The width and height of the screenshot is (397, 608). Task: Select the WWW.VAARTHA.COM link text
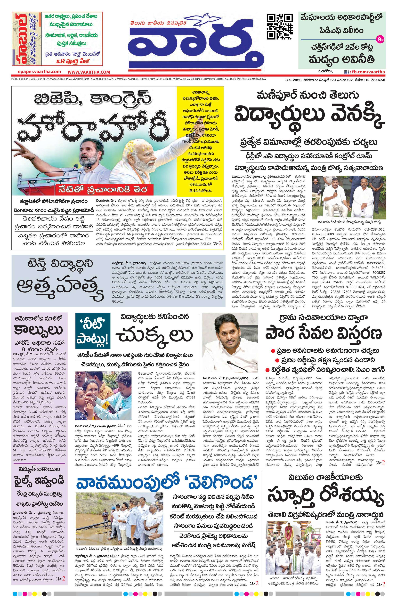[89, 72]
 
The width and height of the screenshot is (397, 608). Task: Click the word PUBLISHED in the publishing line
[17, 79]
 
